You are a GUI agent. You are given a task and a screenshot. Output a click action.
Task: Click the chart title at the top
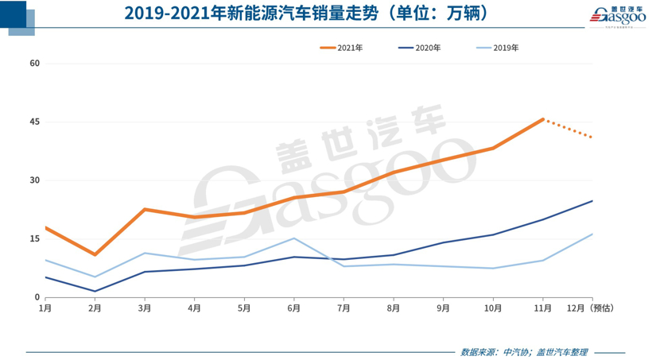click(x=306, y=14)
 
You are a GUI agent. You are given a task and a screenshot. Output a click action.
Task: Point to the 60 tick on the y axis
click(x=35, y=63)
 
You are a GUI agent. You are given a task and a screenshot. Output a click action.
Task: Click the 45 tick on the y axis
click(x=35, y=122)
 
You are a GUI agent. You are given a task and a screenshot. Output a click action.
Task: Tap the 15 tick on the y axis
click(x=35, y=238)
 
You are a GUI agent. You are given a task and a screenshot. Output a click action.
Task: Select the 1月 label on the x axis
click(x=45, y=308)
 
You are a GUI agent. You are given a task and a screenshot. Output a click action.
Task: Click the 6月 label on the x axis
click(x=293, y=308)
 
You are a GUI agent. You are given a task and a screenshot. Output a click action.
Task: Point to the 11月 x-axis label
click(x=542, y=308)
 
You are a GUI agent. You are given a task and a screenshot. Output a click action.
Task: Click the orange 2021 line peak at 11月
click(x=542, y=119)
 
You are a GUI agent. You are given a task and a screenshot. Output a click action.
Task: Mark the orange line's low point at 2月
click(x=95, y=254)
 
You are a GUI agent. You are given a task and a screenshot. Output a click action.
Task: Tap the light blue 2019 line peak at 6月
click(x=293, y=238)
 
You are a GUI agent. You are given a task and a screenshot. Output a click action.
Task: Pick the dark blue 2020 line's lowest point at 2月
click(x=95, y=291)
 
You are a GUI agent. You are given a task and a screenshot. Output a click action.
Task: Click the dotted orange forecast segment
click(x=568, y=129)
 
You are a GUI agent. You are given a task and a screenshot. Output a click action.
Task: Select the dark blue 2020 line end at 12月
click(x=592, y=201)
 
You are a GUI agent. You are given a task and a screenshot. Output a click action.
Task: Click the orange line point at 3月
click(x=145, y=209)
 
